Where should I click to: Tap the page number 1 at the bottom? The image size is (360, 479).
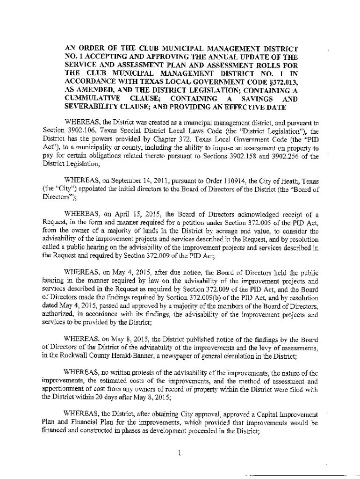click(180, 452)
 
